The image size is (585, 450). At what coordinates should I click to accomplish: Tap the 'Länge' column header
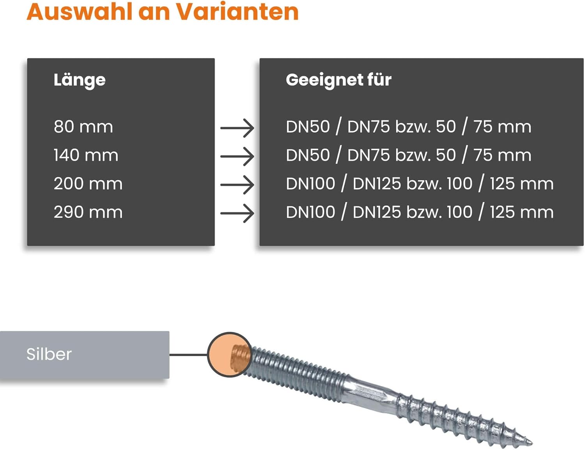pyautogui.click(x=80, y=81)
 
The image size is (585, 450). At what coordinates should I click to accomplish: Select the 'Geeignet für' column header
pyautogui.click(x=339, y=80)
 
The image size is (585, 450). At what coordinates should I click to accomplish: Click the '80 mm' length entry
pyautogui.click(x=83, y=127)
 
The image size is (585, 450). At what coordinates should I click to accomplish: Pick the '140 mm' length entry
pyautogui.click(x=86, y=155)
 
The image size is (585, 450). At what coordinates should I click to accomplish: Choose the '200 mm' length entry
pyautogui.click(x=88, y=184)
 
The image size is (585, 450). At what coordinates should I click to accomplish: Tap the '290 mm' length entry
pyautogui.click(x=88, y=212)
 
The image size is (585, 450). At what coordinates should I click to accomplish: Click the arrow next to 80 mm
pyautogui.click(x=237, y=128)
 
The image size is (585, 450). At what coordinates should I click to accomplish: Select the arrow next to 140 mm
pyautogui.click(x=237, y=156)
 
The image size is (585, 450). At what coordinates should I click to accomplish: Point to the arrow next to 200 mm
pyautogui.click(x=237, y=185)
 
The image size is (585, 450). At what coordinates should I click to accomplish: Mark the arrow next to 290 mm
pyautogui.click(x=237, y=213)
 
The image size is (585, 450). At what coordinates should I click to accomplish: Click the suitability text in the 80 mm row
pyautogui.click(x=408, y=127)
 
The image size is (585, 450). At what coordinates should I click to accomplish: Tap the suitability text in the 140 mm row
pyautogui.click(x=408, y=155)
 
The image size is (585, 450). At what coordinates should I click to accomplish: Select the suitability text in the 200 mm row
pyautogui.click(x=420, y=184)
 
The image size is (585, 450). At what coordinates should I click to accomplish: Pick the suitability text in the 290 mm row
pyautogui.click(x=420, y=212)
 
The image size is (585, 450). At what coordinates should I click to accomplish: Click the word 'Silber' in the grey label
pyautogui.click(x=49, y=354)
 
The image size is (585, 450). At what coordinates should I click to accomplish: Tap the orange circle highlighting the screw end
pyautogui.click(x=229, y=355)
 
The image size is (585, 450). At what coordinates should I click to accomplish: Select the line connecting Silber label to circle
pyautogui.click(x=188, y=355)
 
